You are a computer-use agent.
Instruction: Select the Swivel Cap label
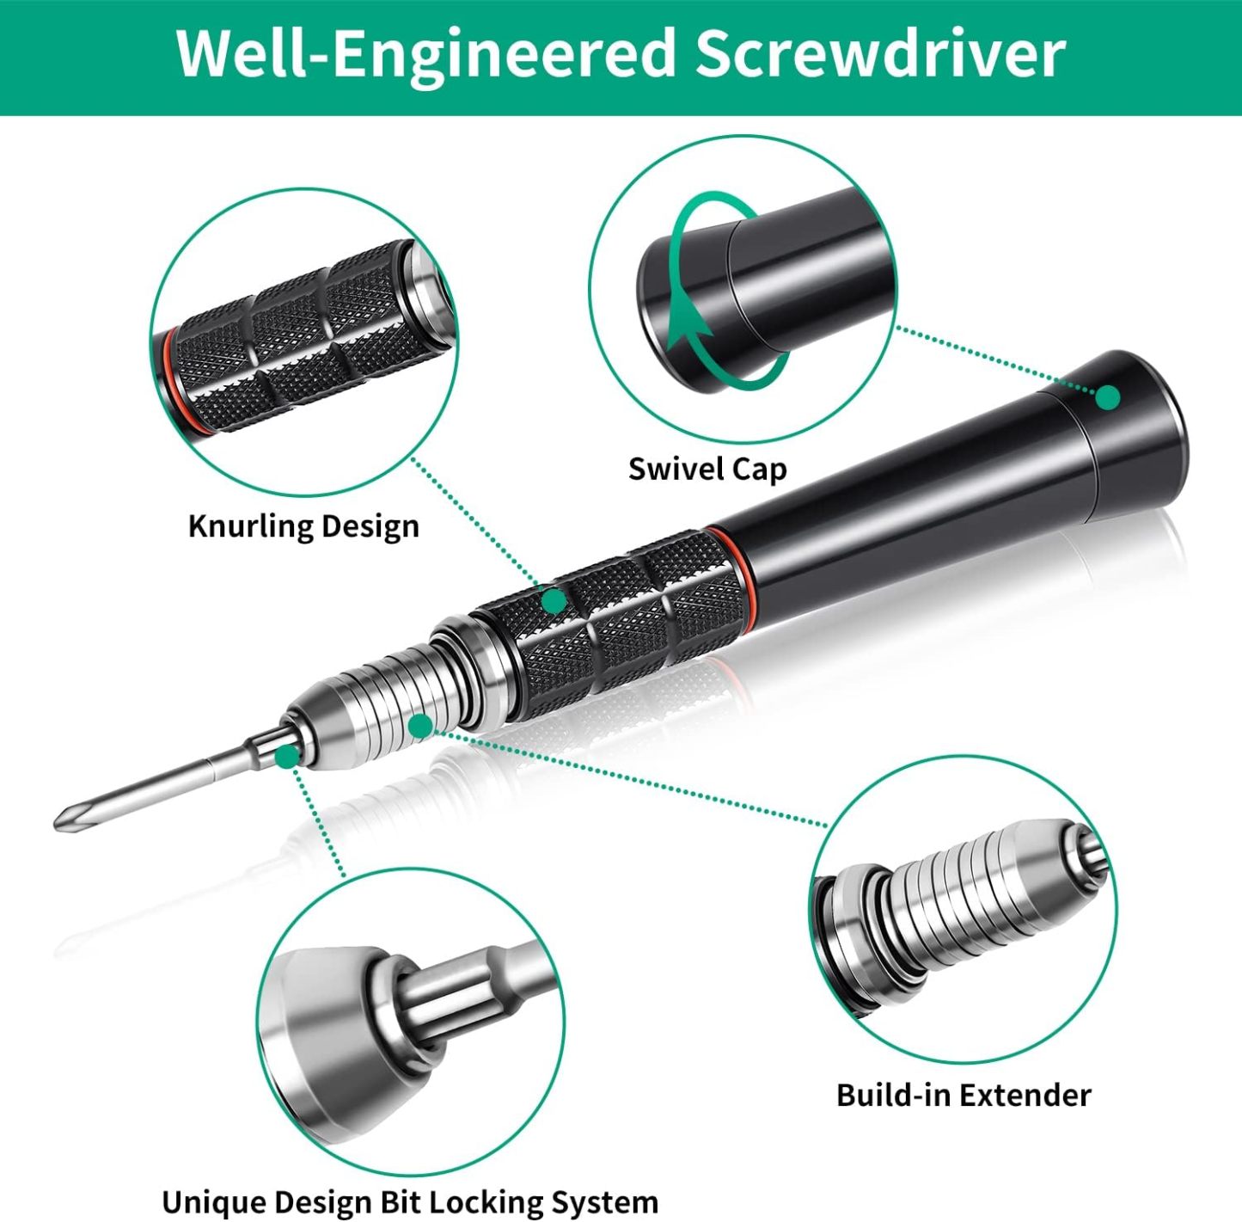(x=707, y=469)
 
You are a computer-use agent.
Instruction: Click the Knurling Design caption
(x=303, y=525)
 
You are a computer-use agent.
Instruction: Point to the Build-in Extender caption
(x=963, y=1095)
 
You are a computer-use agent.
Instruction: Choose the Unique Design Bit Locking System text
(x=409, y=1201)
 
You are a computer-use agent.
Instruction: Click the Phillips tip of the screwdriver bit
(x=65, y=818)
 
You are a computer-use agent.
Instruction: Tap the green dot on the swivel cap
(x=1108, y=397)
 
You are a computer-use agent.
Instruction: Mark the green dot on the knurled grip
(x=554, y=601)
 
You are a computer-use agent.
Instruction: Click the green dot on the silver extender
(x=420, y=727)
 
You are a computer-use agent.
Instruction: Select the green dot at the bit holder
(x=287, y=756)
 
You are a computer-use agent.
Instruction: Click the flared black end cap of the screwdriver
(x=1135, y=421)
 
